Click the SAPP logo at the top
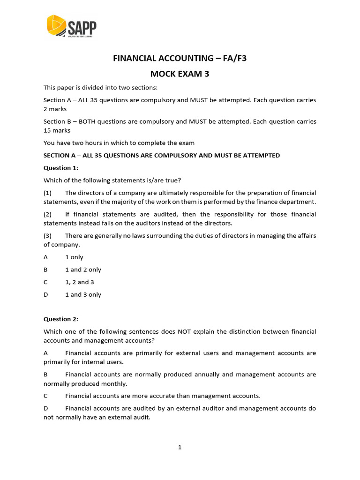(71, 27)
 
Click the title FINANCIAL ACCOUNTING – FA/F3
(180, 59)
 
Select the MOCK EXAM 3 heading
(180, 74)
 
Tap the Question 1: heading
(61, 168)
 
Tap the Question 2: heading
(61, 319)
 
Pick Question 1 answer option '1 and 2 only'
(83, 270)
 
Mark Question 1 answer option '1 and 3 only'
(83, 295)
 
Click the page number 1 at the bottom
(180, 447)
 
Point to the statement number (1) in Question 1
(48, 193)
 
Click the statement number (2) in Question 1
(48, 214)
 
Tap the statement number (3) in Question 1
(48, 236)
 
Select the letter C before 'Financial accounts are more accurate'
(46, 396)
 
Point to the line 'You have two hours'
(119, 143)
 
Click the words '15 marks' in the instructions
(57, 130)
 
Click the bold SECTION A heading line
(162, 155)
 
